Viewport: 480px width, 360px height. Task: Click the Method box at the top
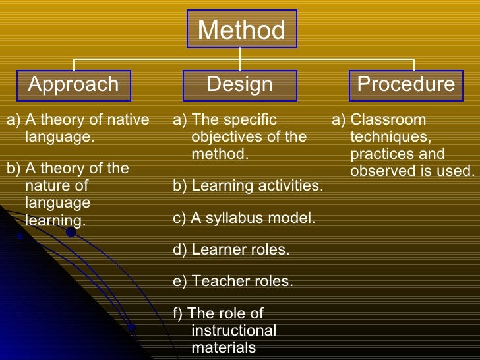(x=241, y=30)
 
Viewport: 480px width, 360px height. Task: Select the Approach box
(x=73, y=84)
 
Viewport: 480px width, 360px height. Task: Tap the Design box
(x=239, y=84)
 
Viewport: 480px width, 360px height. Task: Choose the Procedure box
(x=405, y=84)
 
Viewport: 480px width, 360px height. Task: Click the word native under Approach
(x=129, y=120)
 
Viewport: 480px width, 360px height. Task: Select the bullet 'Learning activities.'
(x=248, y=185)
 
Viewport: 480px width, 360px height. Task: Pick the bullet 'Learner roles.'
(x=231, y=249)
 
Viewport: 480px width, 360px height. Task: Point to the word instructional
(x=233, y=330)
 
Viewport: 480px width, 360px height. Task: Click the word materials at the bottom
(x=224, y=347)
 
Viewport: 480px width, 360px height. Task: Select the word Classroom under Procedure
(x=388, y=120)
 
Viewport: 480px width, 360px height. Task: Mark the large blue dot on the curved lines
(x=71, y=231)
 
